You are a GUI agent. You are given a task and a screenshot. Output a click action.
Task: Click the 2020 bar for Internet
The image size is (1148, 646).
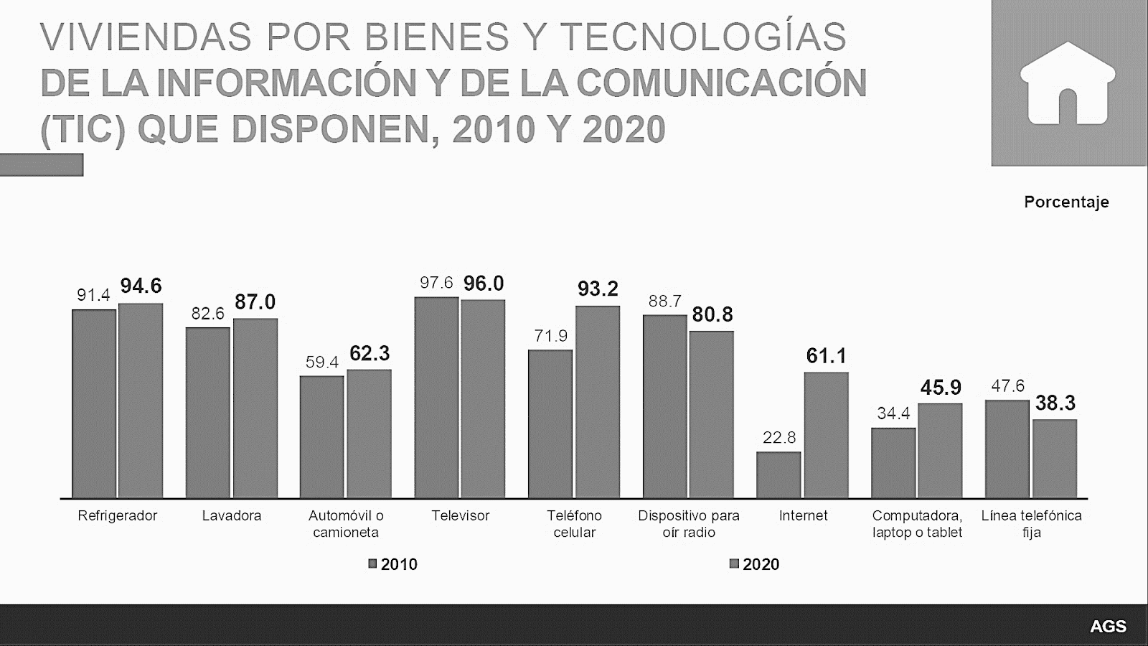(x=826, y=435)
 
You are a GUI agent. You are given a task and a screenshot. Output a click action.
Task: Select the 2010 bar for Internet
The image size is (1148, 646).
(x=778, y=474)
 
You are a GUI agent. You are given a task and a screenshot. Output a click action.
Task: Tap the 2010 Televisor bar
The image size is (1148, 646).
(x=436, y=397)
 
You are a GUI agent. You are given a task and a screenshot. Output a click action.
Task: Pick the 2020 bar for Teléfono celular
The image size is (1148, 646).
(x=597, y=402)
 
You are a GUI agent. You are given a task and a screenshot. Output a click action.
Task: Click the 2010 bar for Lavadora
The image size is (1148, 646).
(x=207, y=413)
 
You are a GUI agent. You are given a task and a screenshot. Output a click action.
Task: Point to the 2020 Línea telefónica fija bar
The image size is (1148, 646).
(x=1055, y=459)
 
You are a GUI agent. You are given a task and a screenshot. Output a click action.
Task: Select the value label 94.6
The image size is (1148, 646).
(x=141, y=286)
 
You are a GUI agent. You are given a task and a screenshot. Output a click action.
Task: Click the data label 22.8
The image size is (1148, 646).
(x=779, y=437)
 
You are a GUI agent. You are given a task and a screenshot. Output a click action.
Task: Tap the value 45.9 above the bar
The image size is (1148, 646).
(x=941, y=388)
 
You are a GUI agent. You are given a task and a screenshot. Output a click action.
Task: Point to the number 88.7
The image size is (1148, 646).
(x=664, y=301)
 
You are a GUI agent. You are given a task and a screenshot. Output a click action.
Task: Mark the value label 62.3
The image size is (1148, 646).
(x=370, y=353)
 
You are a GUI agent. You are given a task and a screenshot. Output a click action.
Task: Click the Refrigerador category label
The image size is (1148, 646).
(x=117, y=515)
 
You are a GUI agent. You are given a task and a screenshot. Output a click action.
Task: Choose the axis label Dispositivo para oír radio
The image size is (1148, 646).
(x=688, y=524)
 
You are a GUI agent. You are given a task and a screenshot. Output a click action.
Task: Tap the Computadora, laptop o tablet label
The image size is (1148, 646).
(x=917, y=524)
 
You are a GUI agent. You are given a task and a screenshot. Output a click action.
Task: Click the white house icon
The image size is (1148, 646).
(x=1068, y=83)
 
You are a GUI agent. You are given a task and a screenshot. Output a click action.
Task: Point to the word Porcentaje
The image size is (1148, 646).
(x=1066, y=202)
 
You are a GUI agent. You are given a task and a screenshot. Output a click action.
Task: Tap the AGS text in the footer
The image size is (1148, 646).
(x=1108, y=627)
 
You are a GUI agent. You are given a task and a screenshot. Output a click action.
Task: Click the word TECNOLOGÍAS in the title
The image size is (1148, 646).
(x=702, y=37)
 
